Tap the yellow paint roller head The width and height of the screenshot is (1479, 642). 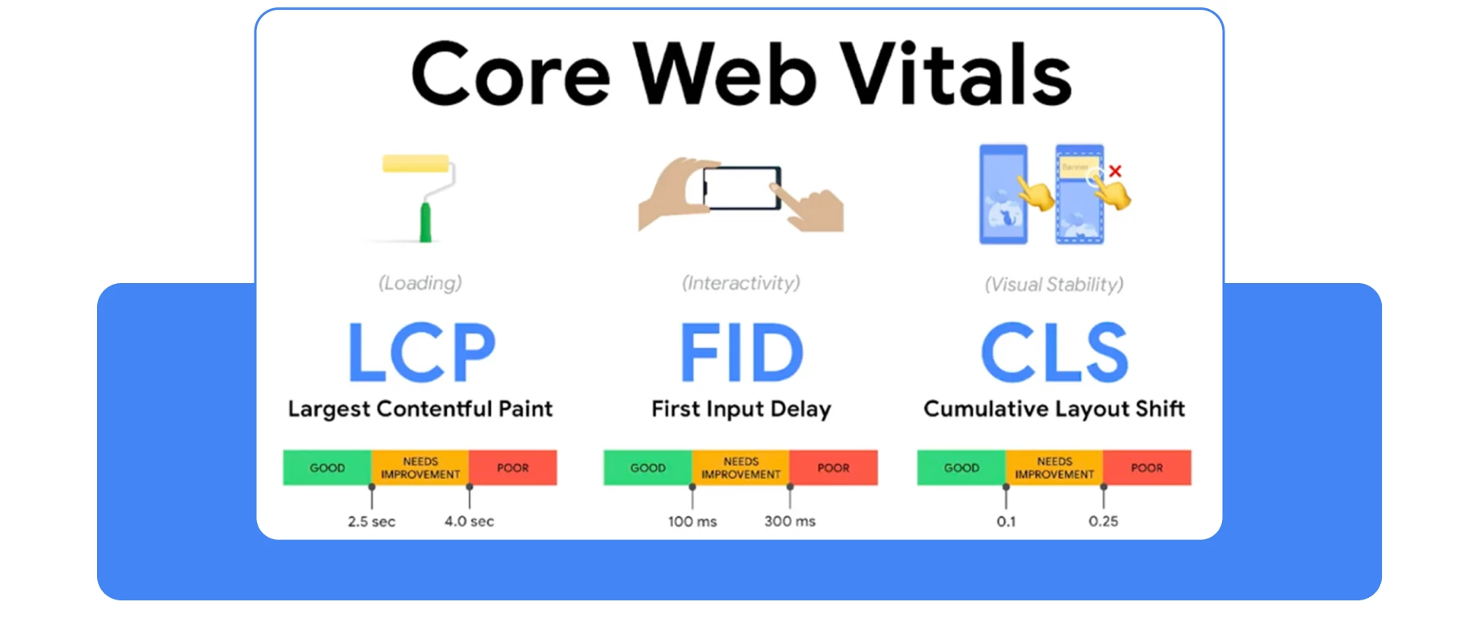(x=415, y=164)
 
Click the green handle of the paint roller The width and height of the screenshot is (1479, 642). (x=425, y=222)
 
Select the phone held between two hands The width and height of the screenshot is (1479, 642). (x=741, y=188)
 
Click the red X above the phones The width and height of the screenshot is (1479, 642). (x=1115, y=171)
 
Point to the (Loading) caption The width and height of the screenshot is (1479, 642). (x=420, y=283)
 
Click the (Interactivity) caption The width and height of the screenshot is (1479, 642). (x=741, y=283)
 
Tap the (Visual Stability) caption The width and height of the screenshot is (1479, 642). (x=1053, y=285)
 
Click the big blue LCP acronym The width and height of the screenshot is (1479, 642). (x=421, y=352)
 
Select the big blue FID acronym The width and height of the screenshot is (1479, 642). (x=741, y=352)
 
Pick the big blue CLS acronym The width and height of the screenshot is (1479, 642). (x=1054, y=352)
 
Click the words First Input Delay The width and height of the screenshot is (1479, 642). (x=741, y=409)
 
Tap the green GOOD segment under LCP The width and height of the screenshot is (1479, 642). (x=327, y=467)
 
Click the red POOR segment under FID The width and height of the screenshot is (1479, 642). (x=833, y=467)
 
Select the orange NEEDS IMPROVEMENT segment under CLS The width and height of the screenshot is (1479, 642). (x=1054, y=467)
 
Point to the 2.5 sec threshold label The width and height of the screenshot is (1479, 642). (x=371, y=521)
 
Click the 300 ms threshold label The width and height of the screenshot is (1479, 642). (x=789, y=521)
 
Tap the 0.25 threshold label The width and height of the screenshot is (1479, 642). (x=1103, y=521)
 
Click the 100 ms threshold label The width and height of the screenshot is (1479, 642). (x=692, y=521)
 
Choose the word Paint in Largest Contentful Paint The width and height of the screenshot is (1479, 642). (x=525, y=409)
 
